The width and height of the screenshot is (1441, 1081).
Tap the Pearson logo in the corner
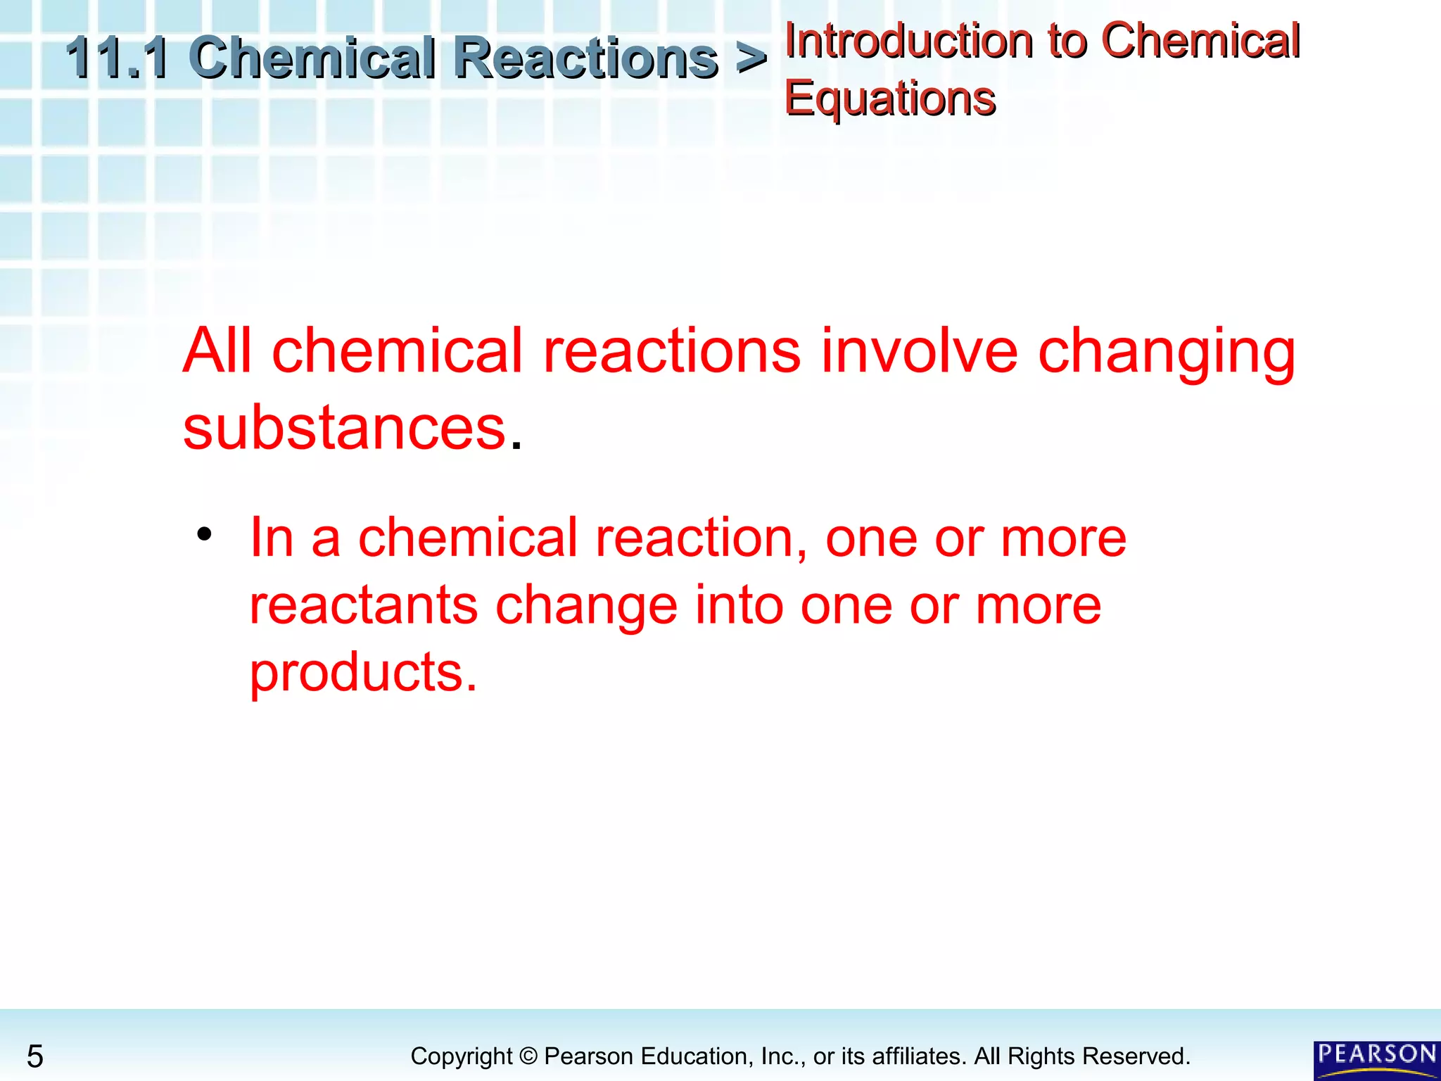click(1376, 1059)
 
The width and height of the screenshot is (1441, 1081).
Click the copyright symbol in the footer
click(528, 1056)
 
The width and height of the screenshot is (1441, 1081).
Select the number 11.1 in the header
click(117, 58)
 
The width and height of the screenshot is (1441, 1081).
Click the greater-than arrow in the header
click(751, 58)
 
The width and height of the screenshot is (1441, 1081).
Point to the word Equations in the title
click(889, 99)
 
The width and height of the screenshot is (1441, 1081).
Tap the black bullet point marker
click(204, 534)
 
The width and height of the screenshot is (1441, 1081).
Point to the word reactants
click(364, 605)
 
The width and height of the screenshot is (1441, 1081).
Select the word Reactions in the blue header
click(585, 58)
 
